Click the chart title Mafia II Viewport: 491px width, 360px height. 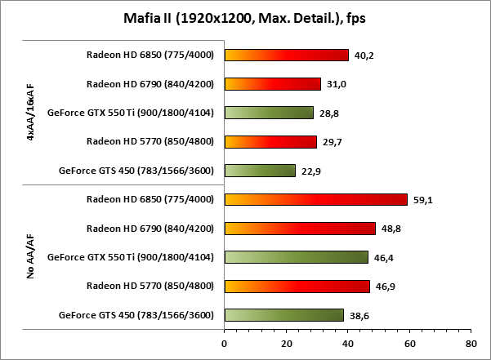pyautogui.click(x=244, y=18)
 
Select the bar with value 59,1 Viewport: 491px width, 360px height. pyautogui.click(x=315, y=199)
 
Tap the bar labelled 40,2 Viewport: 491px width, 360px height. pyautogui.click(x=286, y=56)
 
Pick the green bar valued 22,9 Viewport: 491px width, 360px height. pyautogui.click(x=260, y=171)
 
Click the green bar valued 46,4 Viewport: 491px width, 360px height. pyautogui.click(x=296, y=257)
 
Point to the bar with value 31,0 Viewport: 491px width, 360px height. pyautogui.click(x=272, y=84)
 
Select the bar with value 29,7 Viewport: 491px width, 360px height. pyautogui.click(x=270, y=142)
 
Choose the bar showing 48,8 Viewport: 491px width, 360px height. pyautogui.click(x=299, y=229)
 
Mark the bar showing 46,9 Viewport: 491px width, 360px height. pyautogui.click(x=297, y=286)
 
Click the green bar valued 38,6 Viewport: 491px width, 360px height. pyautogui.click(x=283, y=315)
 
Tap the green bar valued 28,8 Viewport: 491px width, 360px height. pyautogui.click(x=269, y=113)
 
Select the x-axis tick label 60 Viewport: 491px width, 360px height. pyautogui.click(x=408, y=344)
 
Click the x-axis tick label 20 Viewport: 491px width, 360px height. pyautogui.click(x=286, y=344)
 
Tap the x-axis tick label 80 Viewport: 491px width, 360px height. pyautogui.click(x=470, y=344)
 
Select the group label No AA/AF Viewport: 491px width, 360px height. pyautogui.click(x=31, y=257)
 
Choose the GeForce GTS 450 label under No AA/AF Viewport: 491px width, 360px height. pyautogui.click(x=136, y=315)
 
